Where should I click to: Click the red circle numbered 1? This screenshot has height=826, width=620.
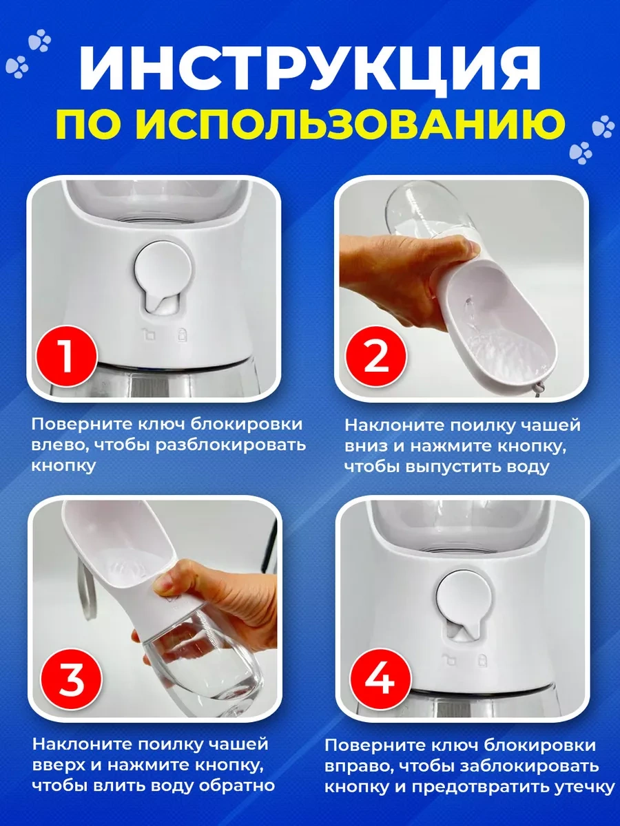tap(67, 356)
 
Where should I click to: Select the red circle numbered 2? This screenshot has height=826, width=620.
tap(376, 356)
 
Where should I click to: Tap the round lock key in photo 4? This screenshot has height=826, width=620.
tap(464, 605)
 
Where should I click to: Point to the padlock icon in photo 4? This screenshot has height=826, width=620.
tap(482, 659)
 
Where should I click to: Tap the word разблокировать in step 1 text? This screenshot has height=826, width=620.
tap(231, 446)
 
